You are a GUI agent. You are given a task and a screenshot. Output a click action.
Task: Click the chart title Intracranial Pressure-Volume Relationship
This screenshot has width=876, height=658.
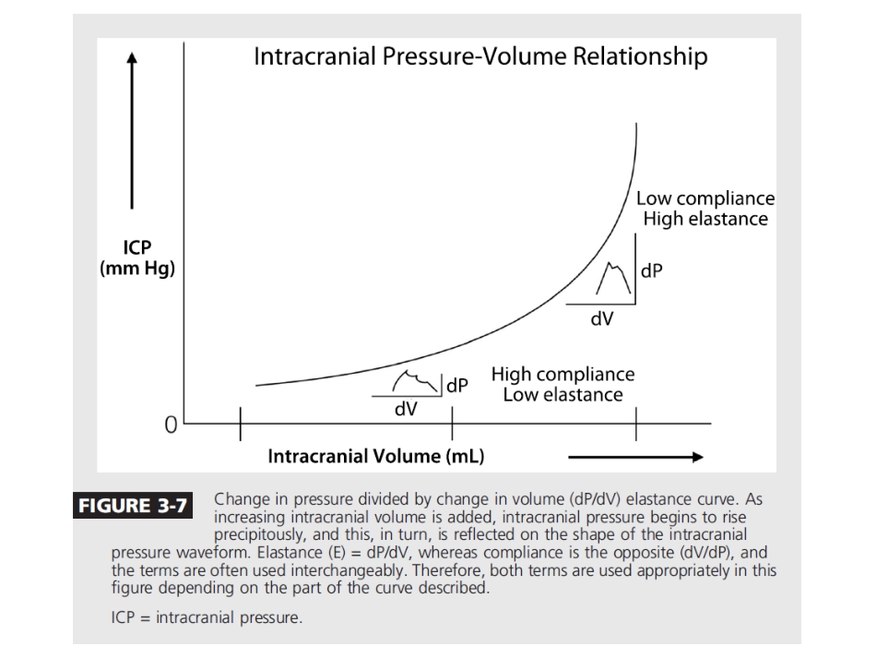pyautogui.click(x=480, y=57)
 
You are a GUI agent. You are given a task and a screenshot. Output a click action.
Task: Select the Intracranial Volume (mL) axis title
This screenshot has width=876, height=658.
pyautogui.click(x=376, y=456)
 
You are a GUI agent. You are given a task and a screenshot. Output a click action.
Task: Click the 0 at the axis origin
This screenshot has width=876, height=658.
pyautogui.click(x=170, y=425)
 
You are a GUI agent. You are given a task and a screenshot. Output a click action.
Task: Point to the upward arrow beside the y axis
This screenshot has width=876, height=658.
pyautogui.click(x=134, y=129)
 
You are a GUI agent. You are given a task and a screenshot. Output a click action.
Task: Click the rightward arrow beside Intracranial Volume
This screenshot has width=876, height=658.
pyautogui.click(x=635, y=456)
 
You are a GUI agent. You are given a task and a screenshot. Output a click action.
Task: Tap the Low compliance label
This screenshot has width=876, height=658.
pyautogui.click(x=705, y=199)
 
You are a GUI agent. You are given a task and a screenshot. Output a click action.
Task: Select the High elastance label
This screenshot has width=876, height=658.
pyautogui.click(x=705, y=219)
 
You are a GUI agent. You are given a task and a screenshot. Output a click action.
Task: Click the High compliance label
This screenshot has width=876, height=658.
pyautogui.click(x=562, y=375)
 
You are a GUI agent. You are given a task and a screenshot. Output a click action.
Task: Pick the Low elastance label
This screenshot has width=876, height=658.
pyautogui.click(x=562, y=395)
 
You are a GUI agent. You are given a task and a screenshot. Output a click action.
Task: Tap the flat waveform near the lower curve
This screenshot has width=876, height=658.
pyautogui.click(x=417, y=380)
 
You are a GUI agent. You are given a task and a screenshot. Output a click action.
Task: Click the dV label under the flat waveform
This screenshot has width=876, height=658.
pyautogui.click(x=405, y=408)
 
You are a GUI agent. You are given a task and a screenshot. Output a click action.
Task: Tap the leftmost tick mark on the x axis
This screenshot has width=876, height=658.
pyautogui.click(x=241, y=425)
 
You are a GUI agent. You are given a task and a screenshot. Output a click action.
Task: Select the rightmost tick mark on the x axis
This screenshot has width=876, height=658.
pyautogui.click(x=636, y=425)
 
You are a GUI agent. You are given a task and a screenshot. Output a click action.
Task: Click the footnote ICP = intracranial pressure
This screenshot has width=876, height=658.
pyautogui.click(x=207, y=616)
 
